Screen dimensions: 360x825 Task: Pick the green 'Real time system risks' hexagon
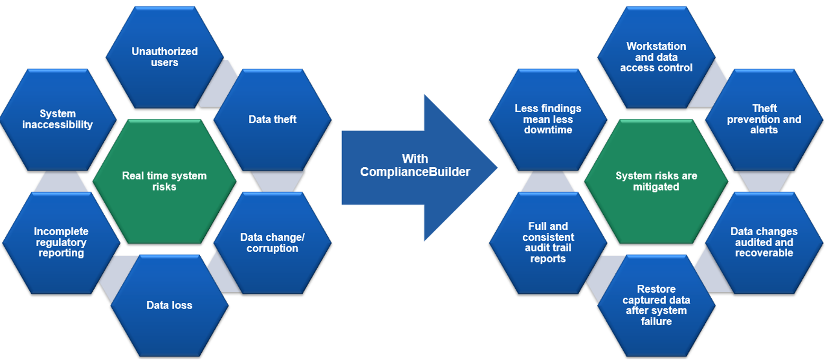click(x=165, y=181)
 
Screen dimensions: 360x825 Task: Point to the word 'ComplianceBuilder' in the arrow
click(x=415, y=172)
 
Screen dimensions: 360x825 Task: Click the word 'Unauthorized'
click(x=165, y=51)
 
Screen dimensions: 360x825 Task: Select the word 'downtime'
click(x=548, y=130)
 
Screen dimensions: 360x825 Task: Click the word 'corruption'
click(x=272, y=248)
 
